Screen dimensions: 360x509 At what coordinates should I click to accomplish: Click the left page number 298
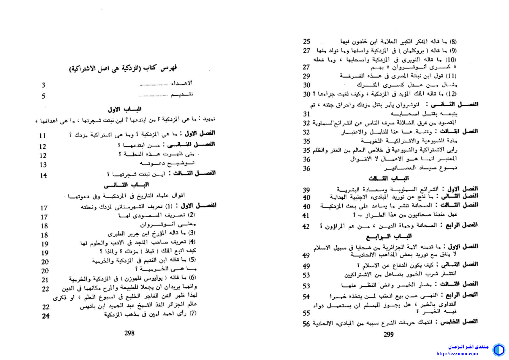point(129,333)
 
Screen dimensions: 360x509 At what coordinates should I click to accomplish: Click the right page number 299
point(388,334)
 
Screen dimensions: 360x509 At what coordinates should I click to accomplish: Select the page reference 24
point(46,316)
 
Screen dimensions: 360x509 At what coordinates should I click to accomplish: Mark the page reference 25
point(307,41)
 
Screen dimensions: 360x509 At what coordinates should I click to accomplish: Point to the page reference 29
point(307,76)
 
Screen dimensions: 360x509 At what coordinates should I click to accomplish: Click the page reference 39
point(306,190)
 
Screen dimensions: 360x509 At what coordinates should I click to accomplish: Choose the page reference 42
point(306,226)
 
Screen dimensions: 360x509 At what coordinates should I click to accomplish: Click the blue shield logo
point(499,350)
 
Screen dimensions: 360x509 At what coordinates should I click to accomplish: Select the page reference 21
point(45,280)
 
